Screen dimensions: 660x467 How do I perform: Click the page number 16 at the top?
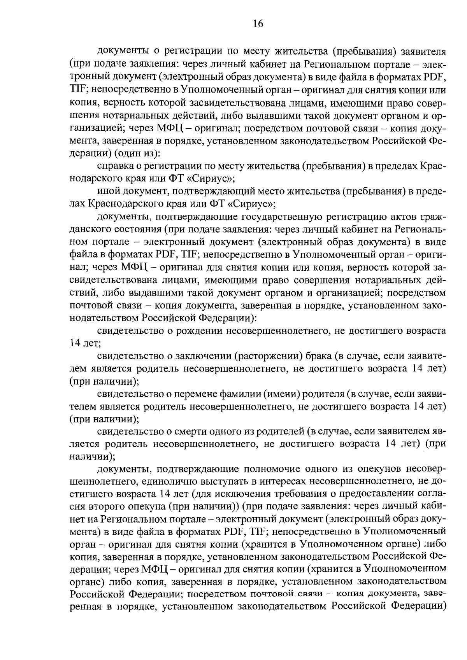click(x=258, y=24)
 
